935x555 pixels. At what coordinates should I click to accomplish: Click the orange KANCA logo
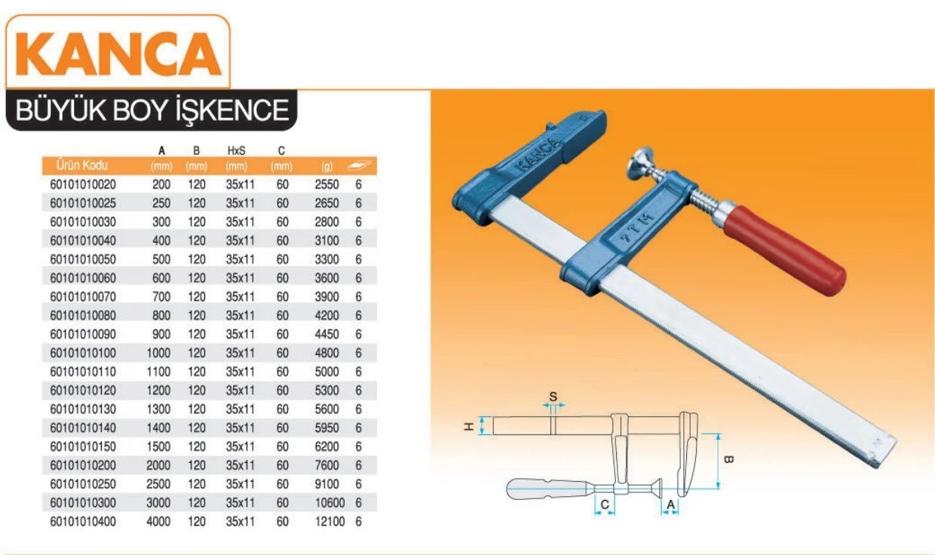(x=118, y=54)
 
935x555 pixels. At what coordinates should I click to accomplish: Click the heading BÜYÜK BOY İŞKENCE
(x=152, y=110)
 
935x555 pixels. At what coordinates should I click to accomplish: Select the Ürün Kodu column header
(x=81, y=166)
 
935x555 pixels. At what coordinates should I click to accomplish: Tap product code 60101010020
(x=83, y=185)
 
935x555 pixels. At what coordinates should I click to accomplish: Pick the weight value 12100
(x=330, y=522)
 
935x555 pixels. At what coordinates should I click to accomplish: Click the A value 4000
(x=158, y=522)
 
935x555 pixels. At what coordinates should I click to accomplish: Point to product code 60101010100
(x=83, y=353)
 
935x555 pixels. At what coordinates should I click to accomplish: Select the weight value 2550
(x=326, y=185)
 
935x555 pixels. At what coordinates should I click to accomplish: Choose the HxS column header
(x=236, y=151)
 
